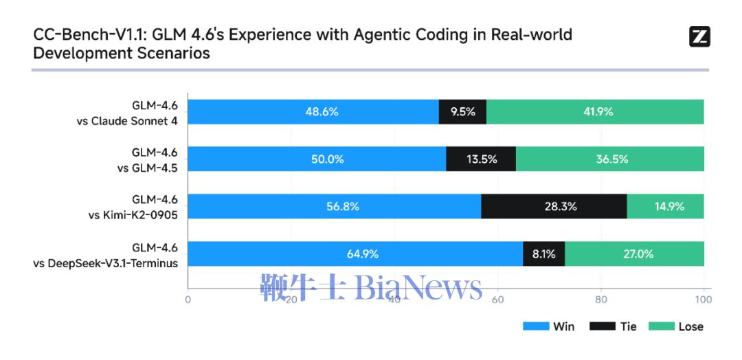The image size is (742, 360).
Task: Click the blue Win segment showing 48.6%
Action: tap(313, 112)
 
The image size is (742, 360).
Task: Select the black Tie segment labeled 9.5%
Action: tap(462, 112)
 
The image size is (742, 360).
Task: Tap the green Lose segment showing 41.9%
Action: tap(595, 112)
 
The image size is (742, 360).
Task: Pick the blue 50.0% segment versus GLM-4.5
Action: tap(317, 159)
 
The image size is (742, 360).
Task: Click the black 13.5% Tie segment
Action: tap(481, 159)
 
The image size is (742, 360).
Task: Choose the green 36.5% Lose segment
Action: tap(610, 159)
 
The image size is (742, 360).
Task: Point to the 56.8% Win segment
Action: tap(334, 206)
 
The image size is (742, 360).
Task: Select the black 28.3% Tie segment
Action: tap(554, 206)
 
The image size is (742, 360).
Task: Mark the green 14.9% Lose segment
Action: tap(665, 206)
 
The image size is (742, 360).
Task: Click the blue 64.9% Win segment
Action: tap(355, 254)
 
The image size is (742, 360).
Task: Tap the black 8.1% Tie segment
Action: tap(543, 254)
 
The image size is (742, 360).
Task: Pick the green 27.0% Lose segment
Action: tap(634, 254)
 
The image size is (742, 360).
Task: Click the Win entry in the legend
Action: tap(549, 326)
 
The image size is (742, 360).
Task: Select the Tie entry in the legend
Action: tap(613, 326)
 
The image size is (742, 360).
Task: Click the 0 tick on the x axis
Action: tap(188, 300)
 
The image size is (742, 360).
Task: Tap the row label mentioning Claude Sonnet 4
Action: tap(126, 112)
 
